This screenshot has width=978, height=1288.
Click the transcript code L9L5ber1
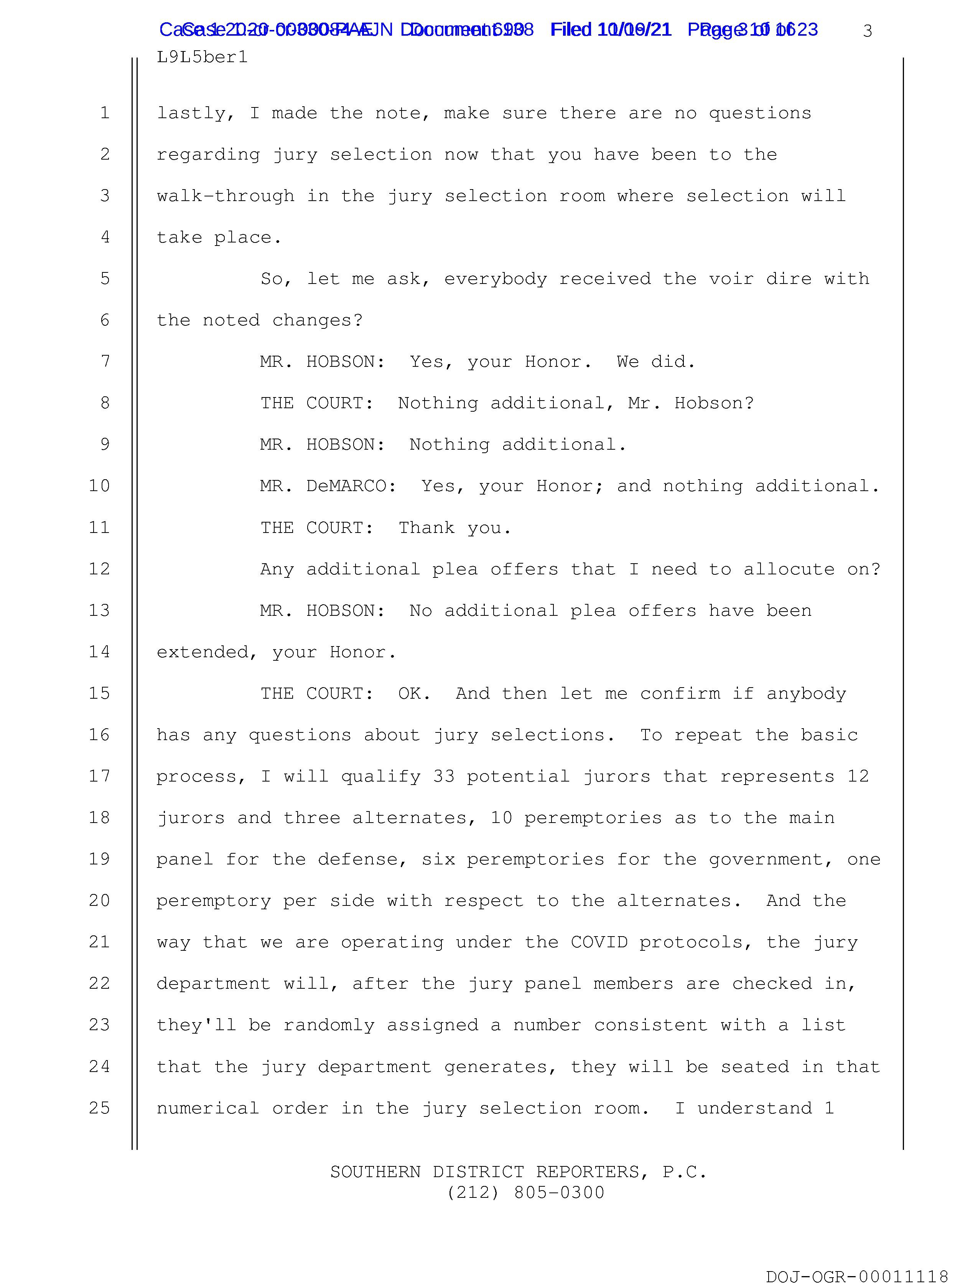pos(202,57)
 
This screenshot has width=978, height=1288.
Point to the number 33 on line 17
pos(444,776)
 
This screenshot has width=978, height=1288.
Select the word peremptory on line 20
pos(214,901)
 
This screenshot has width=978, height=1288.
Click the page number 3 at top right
pos(868,31)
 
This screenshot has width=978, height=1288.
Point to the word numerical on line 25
pos(207,1108)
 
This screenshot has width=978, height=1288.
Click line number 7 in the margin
pos(105,361)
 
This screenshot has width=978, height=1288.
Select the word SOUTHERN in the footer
pos(375,1171)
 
